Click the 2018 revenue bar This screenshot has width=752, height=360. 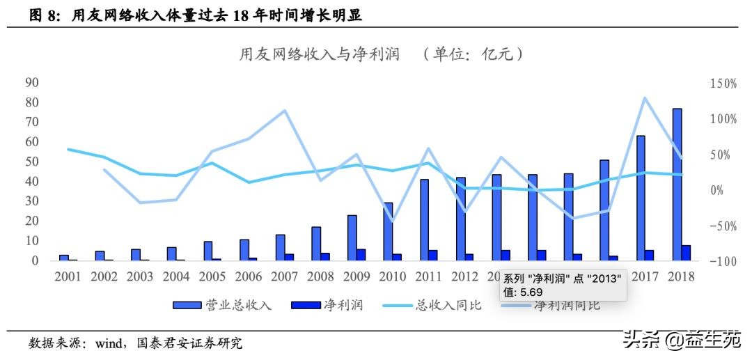677,185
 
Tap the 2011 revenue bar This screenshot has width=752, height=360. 424,220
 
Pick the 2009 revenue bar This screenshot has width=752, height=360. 352,237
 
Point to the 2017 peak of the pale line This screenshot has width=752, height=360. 645,98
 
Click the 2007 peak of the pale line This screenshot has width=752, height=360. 284,111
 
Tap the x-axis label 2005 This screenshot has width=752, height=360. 212,276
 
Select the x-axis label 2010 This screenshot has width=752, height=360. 393,276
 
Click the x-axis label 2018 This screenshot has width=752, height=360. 681,276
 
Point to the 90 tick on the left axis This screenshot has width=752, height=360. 31,82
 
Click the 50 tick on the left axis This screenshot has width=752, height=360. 31,162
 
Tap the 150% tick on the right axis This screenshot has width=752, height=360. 723,84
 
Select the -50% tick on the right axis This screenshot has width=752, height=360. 723,226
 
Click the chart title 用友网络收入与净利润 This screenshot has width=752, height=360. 320,54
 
